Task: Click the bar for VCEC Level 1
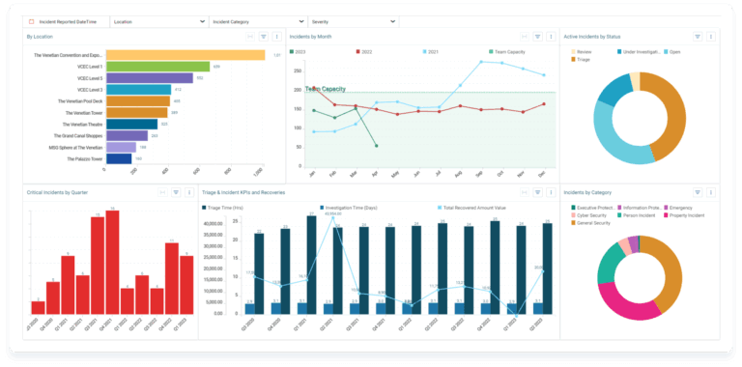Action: pyautogui.click(x=157, y=67)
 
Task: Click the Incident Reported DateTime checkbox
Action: pyautogui.click(x=31, y=20)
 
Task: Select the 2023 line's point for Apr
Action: pyautogui.click(x=376, y=146)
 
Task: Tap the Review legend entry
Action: pyautogui.click(x=583, y=51)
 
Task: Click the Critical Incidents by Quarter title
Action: pyautogui.click(x=57, y=192)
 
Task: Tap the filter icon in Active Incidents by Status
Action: pyautogui.click(x=698, y=36)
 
